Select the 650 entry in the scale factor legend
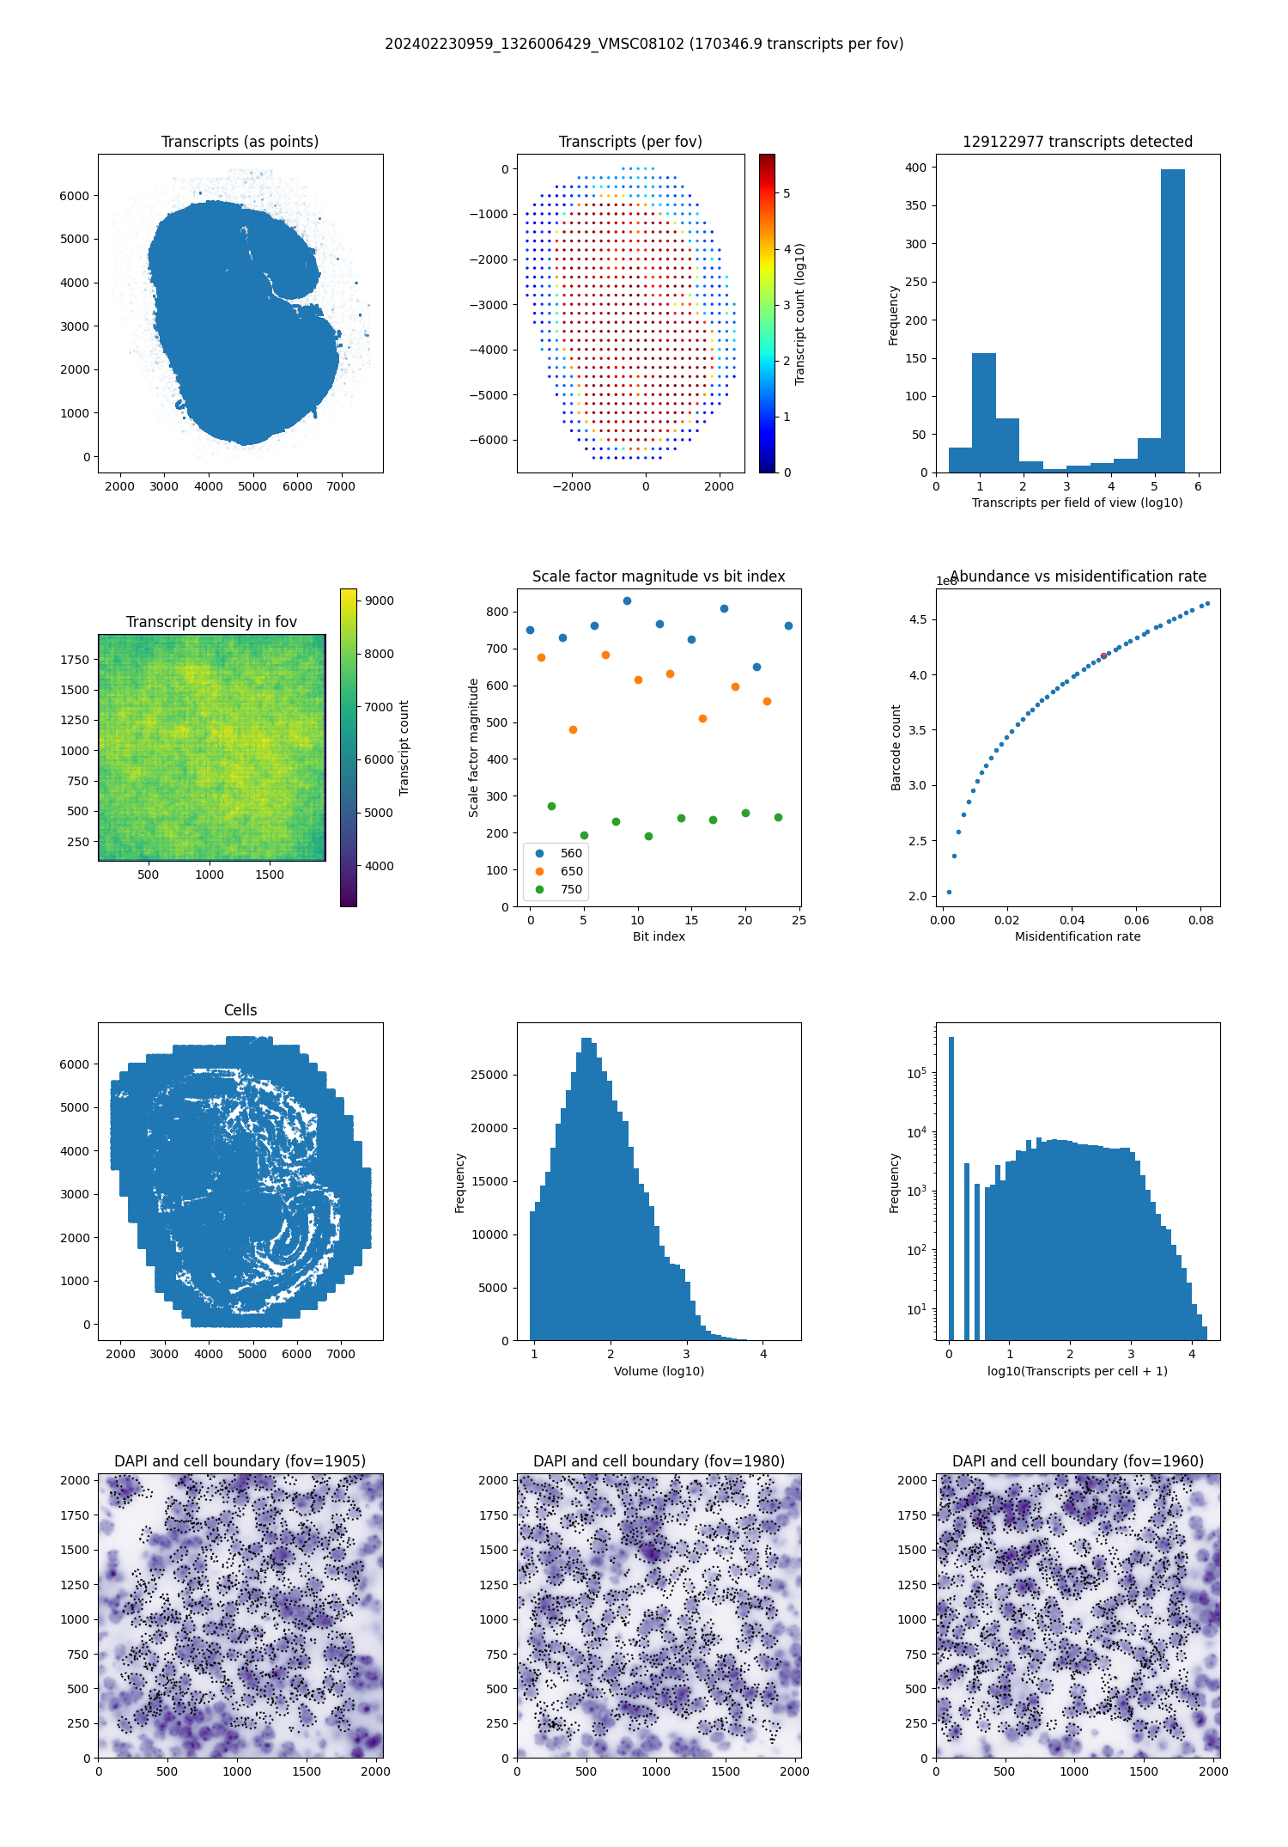click(x=571, y=871)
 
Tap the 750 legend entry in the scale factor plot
click(x=571, y=889)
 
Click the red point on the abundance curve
click(x=1103, y=655)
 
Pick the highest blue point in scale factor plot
click(x=627, y=601)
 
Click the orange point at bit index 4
click(x=573, y=729)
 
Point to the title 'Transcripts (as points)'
click(x=240, y=142)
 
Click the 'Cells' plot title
click(x=240, y=1010)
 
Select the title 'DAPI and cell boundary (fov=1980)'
click(x=659, y=1461)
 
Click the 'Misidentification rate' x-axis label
click(x=1078, y=936)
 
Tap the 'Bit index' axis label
click(x=659, y=936)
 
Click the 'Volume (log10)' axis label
click(x=659, y=1371)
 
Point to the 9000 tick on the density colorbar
click(x=379, y=600)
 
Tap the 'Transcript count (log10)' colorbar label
click(x=800, y=314)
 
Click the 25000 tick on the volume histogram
click(x=489, y=1075)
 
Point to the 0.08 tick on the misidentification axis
click(x=1200, y=920)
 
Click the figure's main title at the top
click(x=644, y=44)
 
